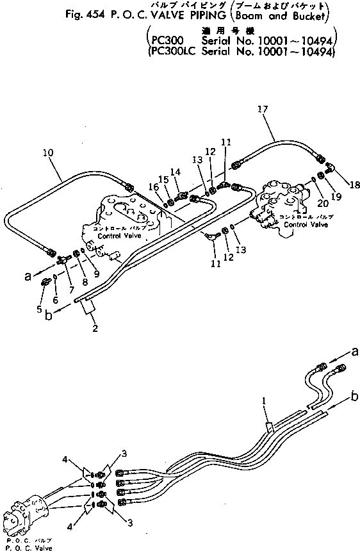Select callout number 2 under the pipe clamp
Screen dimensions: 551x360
click(x=94, y=329)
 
